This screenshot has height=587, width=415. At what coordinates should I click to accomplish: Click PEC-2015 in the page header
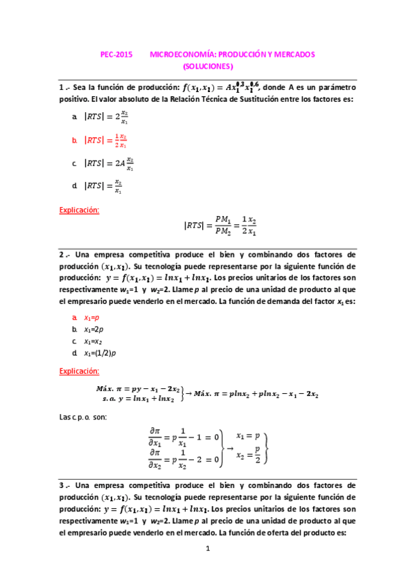(x=114, y=53)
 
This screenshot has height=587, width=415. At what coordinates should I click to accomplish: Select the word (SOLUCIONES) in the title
(x=208, y=66)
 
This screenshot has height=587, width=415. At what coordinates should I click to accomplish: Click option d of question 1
(x=104, y=186)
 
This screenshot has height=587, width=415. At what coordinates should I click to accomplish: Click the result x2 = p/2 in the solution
(x=248, y=458)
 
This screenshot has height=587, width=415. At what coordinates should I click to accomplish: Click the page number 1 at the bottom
(x=207, y=550)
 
